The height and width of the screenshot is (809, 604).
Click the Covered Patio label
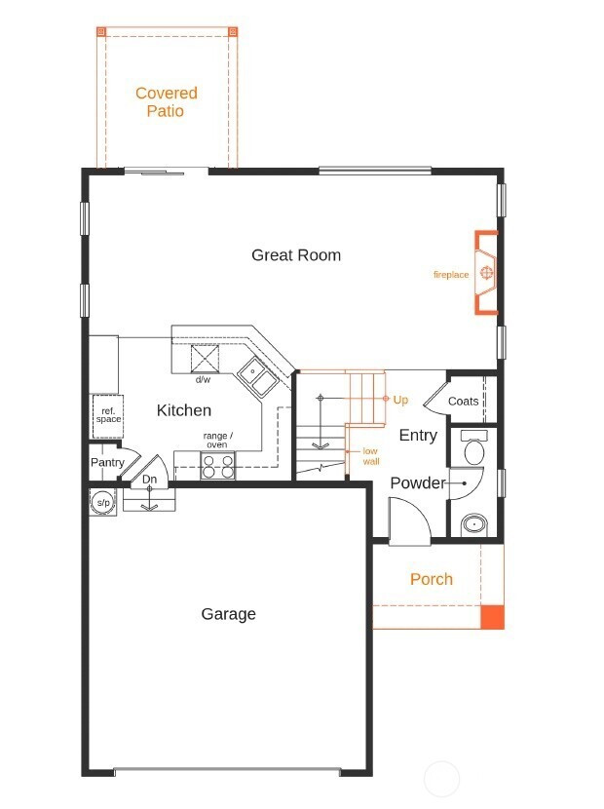coord(166,101)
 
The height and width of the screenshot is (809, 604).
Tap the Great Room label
coord(296,254)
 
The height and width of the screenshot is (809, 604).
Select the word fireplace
coord(451,275)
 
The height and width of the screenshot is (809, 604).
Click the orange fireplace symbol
coord(486,272)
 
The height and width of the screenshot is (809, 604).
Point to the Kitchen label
coord(183,410)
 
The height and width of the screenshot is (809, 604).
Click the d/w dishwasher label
coord(203,380)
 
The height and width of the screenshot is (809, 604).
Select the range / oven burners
coord(217,465)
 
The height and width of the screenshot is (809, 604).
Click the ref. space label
coord(108,415)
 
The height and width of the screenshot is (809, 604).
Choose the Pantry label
coord(107,462)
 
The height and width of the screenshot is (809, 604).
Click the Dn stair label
coord(149,480)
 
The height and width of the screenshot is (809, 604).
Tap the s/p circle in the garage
coord(103,502)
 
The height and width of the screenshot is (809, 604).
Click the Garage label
coord(229,614)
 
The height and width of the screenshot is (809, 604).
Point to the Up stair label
coord(400,400)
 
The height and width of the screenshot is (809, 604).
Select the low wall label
coord(370,456)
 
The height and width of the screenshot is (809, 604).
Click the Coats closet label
coord(463,402)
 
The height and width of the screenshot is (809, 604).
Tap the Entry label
coord(418,436)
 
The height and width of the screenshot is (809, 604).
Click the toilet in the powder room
coord(474,446)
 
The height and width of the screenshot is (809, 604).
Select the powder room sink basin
coord(474,524)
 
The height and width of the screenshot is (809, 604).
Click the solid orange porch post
coord(492,617)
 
